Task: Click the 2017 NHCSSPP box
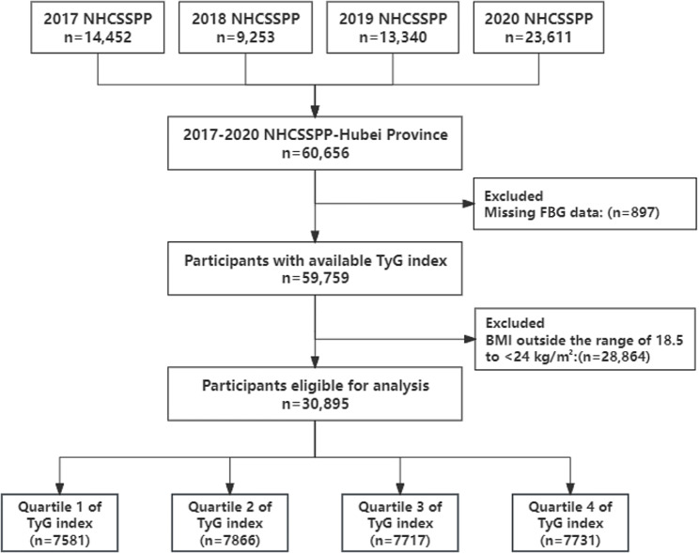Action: (98, 27)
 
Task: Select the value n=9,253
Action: (245, 37)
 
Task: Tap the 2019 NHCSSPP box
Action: (393, 27)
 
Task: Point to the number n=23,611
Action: (538, 37)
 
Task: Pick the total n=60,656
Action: (315, 153)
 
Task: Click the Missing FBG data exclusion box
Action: (585, 204)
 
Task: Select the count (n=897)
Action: (633, 212)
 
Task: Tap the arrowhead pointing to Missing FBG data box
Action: (468, 204)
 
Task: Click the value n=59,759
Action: (315, 278)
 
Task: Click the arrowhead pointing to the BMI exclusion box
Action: (470, 339)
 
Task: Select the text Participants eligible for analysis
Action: (315, 386)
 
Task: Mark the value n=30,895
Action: (315, 404)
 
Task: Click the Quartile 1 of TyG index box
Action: (60, 523)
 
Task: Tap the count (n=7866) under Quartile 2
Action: (229, 541)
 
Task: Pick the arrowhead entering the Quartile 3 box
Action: (400, 488)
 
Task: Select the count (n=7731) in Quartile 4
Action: (570, 541)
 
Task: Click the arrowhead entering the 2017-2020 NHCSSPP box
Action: (315, 111)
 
